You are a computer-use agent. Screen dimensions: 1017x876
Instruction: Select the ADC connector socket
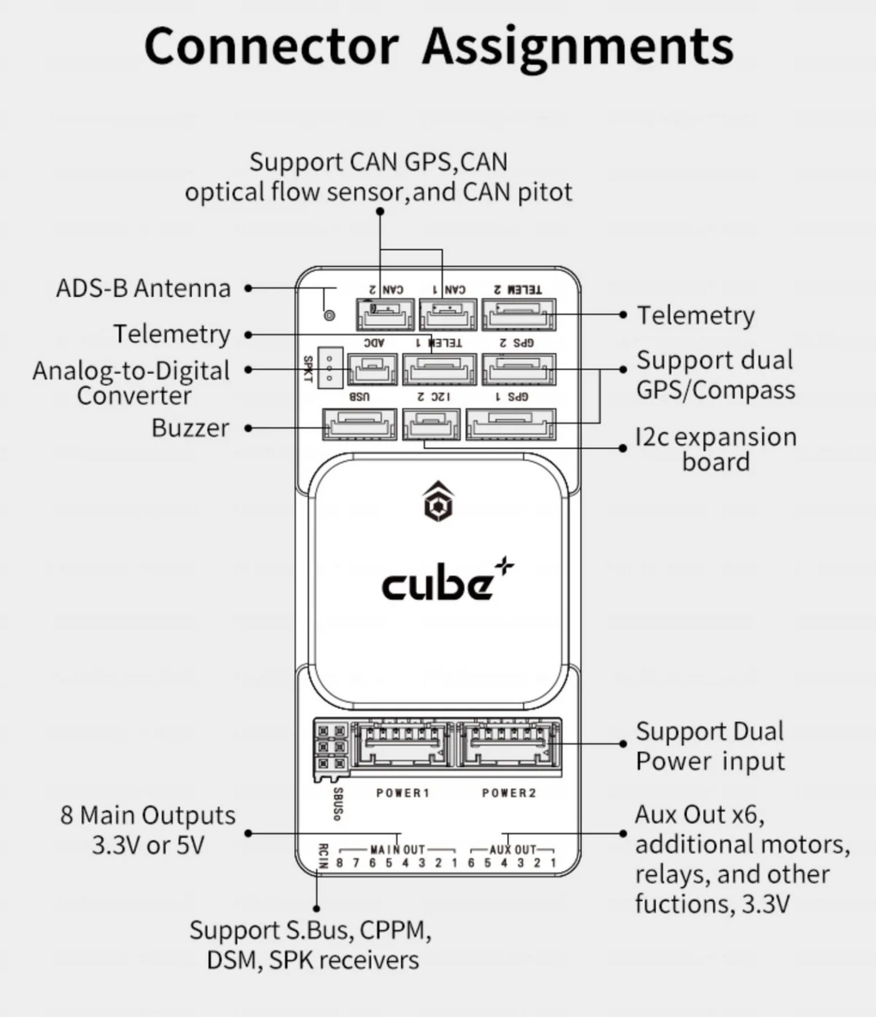(x=372, y=369)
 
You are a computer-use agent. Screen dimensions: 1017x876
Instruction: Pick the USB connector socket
(x=360, y=424)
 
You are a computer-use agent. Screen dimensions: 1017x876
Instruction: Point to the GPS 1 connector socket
(x=511, y=424)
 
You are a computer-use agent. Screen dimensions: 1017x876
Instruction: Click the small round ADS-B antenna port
(x=329, y=315)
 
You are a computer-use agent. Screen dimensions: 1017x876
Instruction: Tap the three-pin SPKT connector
(x=330, y=368)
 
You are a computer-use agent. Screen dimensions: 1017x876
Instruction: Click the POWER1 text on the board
(x=403, y=793)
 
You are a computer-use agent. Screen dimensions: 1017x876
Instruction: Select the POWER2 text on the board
(x=509, y=793)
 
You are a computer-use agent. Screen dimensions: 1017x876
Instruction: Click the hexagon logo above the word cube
(x=438, y=502)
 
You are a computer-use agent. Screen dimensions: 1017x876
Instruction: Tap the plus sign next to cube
(x=504, y=567)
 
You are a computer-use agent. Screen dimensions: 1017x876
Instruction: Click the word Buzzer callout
(x=190, y=428)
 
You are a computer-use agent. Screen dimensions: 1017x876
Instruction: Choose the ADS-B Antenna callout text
(x=144, y=288)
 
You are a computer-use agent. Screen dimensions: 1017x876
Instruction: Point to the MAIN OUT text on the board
(x=398, y=850)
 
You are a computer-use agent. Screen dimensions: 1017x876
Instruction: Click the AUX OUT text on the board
(x=513, y=850)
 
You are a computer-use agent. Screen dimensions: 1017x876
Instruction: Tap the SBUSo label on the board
(x=338, y=804)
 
